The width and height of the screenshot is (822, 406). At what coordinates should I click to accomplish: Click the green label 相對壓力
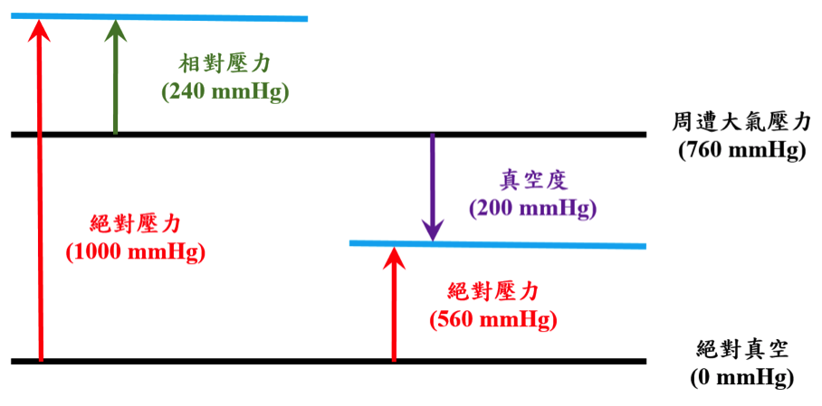[x=225, y=65]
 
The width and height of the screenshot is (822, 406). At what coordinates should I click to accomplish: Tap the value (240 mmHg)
[x=225, y=92]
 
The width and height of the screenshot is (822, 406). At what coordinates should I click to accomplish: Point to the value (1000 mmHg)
[x=136, y=251]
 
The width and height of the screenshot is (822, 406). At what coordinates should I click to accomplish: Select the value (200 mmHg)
[x=532, y=208]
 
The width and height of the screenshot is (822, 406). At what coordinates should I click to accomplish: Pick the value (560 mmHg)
[x=493, y=319]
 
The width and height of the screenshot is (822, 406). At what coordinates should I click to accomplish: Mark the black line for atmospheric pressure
[x=272, y=135]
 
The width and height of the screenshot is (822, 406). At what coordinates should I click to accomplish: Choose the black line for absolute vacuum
[x=226, y=361]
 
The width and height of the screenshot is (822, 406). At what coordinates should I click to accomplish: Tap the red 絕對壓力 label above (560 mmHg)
[x=493, y=292]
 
